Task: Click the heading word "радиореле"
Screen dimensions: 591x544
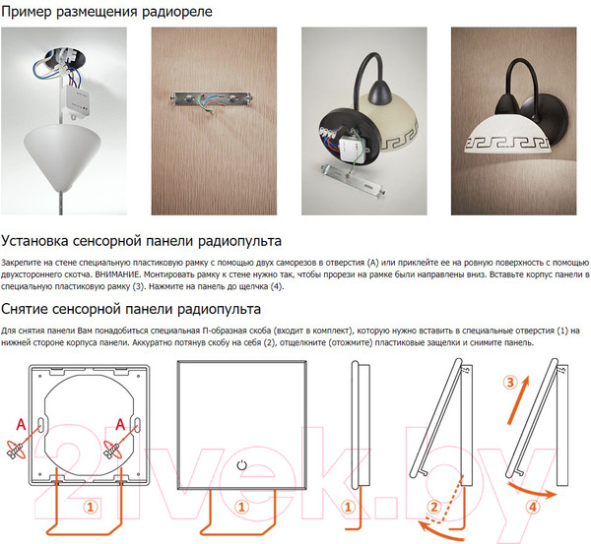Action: (176, 12)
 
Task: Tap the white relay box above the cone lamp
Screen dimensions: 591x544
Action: (76, 100)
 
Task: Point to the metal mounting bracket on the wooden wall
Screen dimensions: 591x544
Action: (211, 99)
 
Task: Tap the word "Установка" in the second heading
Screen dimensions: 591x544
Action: (34, 241)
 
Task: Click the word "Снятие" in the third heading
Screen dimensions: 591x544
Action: (25, 309)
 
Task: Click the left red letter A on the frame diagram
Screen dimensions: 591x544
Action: (21, 425)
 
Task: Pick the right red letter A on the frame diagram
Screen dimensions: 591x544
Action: (120, 425)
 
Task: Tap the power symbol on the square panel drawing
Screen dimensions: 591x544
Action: (242, 465)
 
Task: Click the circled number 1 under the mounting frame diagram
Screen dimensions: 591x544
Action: (91, 507)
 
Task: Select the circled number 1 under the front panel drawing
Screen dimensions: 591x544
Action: (242, 507)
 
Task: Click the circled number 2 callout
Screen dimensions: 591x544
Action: (434, 507)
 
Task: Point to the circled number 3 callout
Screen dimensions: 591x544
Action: (510, 383)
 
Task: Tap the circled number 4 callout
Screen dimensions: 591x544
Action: (533, 507)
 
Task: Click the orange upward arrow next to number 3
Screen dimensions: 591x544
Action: (518, 400)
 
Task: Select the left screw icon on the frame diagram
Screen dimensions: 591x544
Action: (16, 450)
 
